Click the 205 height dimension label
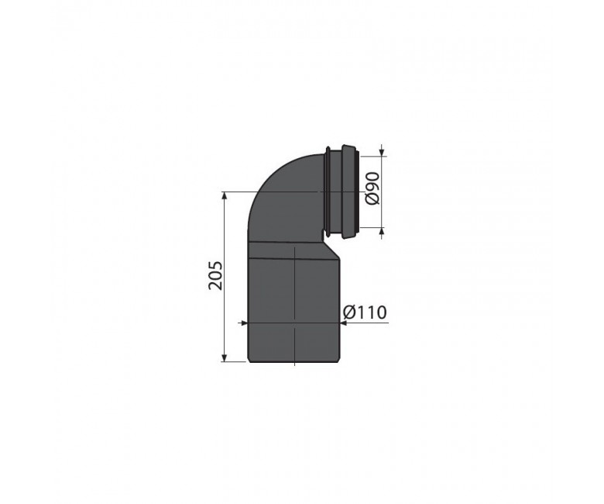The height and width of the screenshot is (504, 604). [x=215, y=276]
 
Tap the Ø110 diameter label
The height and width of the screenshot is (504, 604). [x=365, y=312]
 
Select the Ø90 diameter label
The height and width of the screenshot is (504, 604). [x=372, y=188]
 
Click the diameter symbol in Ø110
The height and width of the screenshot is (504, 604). [x=350, y=312]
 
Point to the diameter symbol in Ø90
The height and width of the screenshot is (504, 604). [x=372, y=198]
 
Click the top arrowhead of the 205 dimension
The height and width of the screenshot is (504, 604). [x=224, y=196]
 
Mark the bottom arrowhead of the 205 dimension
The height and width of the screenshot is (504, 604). [x=224, y=357]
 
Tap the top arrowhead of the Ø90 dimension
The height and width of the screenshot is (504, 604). [x=382, y=151]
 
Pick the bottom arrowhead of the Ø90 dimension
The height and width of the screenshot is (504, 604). [x=382, y=233]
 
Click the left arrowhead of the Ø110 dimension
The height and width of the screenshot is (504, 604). [x=243, y=323]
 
